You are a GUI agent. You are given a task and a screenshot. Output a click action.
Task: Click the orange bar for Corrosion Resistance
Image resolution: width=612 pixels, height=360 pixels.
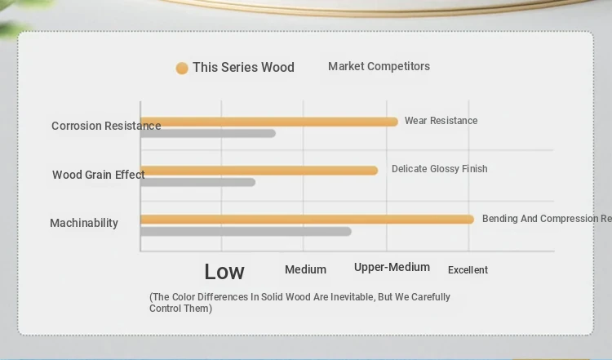coord(269,122)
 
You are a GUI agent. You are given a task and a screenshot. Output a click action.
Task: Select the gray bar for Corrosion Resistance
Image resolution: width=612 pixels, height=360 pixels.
coord(208,134)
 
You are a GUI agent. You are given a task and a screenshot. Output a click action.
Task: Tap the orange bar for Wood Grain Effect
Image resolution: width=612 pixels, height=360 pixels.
coord(259,171)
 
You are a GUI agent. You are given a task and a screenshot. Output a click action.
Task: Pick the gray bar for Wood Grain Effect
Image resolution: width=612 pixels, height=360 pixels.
coord(198,182)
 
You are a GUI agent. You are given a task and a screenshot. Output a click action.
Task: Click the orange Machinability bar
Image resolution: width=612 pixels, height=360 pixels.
coord(307,220)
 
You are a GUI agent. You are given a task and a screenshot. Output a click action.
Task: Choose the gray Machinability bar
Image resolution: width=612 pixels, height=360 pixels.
coord(246,232)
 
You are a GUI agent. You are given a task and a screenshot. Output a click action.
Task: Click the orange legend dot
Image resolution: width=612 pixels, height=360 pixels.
coord(182,68)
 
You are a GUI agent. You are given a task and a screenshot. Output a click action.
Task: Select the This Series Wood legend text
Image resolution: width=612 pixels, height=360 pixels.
coord(243,67)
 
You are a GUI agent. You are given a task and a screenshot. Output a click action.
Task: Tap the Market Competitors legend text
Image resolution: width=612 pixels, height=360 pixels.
coord(379,66)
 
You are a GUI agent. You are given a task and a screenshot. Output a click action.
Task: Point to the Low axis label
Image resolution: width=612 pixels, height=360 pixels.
coord(224,271)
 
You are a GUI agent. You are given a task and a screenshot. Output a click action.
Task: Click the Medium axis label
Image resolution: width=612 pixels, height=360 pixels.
coord(306,269)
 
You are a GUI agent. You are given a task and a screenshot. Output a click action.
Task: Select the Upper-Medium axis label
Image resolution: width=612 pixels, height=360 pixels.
coord(392,267)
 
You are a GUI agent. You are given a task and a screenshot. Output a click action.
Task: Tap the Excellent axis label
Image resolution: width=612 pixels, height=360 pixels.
coord(468,270)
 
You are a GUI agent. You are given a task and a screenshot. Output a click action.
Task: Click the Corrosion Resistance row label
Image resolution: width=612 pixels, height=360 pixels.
coord(106,126)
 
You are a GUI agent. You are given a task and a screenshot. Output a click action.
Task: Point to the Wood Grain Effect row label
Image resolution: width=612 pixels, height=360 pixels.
coord(99,175)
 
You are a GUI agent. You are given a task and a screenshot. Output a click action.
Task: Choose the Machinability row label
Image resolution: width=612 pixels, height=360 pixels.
coord(84,223)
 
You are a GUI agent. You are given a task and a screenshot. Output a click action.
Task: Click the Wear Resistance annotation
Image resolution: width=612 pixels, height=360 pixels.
coord(441,121)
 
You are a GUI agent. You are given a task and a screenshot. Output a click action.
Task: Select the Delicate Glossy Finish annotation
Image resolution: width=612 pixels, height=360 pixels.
coord(440,169)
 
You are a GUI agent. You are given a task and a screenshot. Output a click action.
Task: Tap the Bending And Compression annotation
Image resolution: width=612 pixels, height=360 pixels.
coord(548,219)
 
